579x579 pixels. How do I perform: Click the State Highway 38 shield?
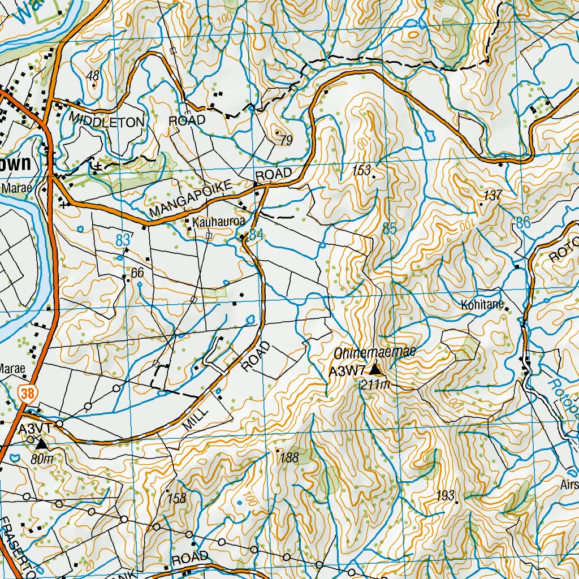click(27, 393)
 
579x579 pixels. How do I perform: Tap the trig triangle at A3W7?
click(375, 370)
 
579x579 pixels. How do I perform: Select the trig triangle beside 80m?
click(42, 446)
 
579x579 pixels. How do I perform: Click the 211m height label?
click(375, 385)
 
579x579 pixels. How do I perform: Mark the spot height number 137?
click(493, 196)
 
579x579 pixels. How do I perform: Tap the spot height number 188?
click(289, 457)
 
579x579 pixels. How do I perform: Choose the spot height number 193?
click(446, 496)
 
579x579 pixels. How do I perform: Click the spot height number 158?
click(177, 498)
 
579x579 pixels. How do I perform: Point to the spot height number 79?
click(286, 140)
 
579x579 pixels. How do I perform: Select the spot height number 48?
click(93, 76)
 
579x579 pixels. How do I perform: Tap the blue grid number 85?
click(390, 229)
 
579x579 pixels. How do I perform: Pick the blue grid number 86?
click(524, 223)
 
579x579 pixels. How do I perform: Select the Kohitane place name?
click(482, 305)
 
